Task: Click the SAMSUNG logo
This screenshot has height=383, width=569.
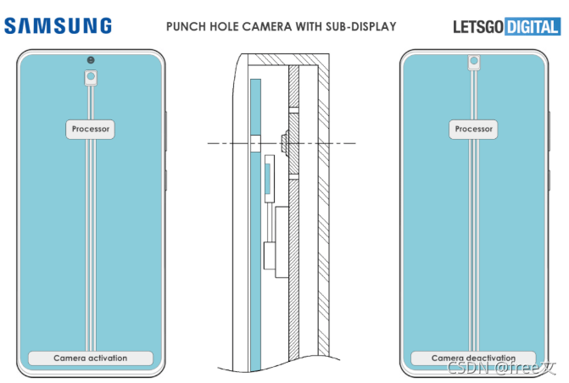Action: coord(58,26)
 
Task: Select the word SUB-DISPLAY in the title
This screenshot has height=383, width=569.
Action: coord(361,27)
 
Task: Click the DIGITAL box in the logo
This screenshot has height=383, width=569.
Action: coord(532,27)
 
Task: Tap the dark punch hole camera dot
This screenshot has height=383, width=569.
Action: coord(90,60)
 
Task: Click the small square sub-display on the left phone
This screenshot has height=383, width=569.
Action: coord(90,77)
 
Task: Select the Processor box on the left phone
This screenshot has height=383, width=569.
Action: coord(90,130)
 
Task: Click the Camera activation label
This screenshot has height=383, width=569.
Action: coord(90,358)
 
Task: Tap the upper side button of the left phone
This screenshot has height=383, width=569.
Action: coord(167,127)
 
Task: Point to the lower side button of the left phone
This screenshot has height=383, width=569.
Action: coord(167,180)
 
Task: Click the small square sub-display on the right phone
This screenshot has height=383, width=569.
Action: coord(473,62)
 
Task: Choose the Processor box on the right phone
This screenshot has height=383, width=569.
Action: coord(473,130)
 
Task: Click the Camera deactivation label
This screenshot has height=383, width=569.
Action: coord(473,358)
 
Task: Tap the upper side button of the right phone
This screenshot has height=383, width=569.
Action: coord(550,127)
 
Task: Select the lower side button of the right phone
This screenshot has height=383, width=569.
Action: coord(550,180)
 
